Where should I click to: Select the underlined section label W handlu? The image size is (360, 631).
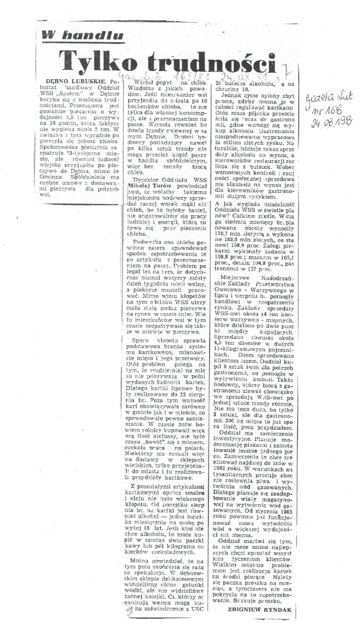coord(82,35)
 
